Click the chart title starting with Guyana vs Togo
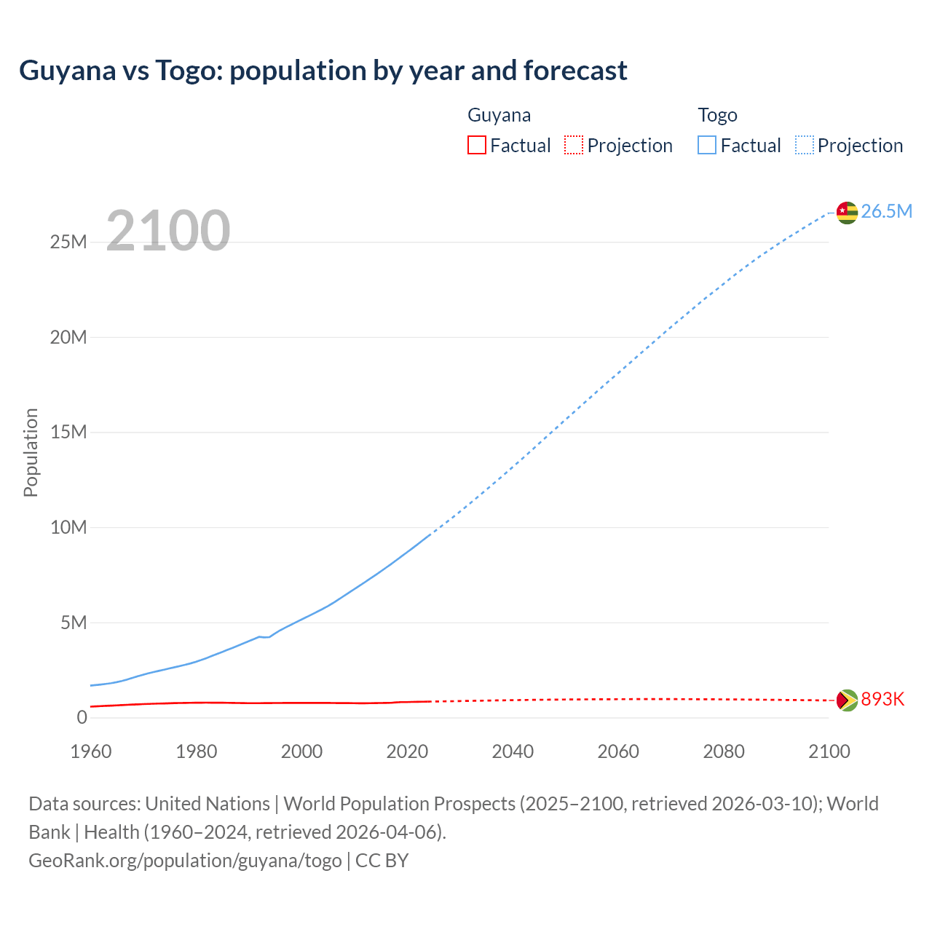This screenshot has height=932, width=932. point(323,71)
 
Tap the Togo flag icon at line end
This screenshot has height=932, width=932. point(847,213)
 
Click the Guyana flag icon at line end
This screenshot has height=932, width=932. point(847,700)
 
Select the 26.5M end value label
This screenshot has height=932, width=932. point(886,212)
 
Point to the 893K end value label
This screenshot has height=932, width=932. point(882,700)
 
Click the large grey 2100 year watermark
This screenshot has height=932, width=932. point(168,232)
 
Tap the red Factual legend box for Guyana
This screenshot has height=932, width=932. point(476,146)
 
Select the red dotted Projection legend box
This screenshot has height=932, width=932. point(574,146)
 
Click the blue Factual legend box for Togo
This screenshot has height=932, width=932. point(706,146)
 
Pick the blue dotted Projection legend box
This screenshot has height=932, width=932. point(804,146)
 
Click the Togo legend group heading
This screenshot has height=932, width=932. point(717,115)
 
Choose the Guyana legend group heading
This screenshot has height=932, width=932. point(499,115)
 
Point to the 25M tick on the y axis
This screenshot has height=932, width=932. point(68,242)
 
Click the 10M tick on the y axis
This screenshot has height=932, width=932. point(68,528)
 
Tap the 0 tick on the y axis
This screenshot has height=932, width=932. point(82,718)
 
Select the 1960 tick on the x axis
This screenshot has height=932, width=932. point(91,751)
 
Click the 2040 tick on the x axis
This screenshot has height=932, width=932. point(513,751)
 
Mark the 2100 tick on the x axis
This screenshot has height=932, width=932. point(829,751)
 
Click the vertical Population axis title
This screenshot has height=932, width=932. point(31,452)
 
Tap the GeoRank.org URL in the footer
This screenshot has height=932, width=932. point(185,861)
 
